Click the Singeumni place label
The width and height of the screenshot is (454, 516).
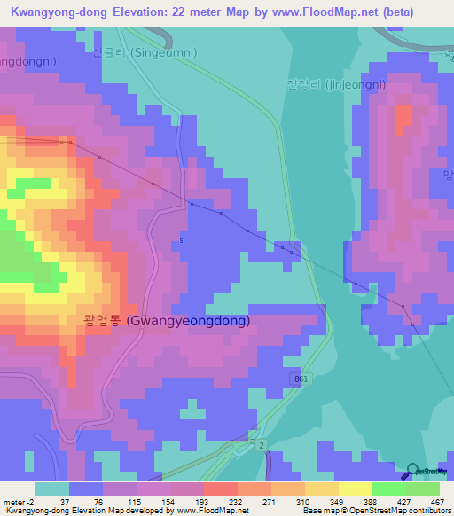pyautogui.click(x=145, y=52)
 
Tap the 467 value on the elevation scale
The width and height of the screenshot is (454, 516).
pyautogui.click(x=438, y=502)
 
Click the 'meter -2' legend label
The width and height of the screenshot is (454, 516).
pyautogui.click(x=19, y=502)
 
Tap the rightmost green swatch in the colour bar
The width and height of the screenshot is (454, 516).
pyautogui.click(x=423, y=489)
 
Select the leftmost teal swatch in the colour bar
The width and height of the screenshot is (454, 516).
pyautogui.click(x=52, y=489)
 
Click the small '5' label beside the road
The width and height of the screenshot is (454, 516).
pyautogui.click(x=181, y=240)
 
